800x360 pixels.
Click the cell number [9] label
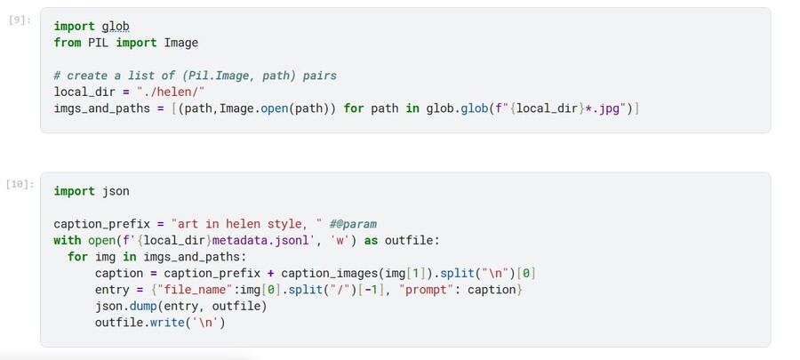point(20,21)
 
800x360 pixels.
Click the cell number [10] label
point(20,184)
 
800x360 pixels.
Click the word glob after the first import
point(116,26)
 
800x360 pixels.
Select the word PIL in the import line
point(99,43)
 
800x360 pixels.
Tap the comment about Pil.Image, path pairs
point(196,76)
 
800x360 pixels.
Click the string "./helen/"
point(171,92)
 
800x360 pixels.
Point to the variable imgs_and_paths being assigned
point(102,108)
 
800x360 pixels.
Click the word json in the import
point(116,191)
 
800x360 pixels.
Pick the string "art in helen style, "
point(246,224)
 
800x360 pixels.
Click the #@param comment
point(353,224)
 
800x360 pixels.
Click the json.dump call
point(130,307)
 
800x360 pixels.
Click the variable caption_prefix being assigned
point(102,224)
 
